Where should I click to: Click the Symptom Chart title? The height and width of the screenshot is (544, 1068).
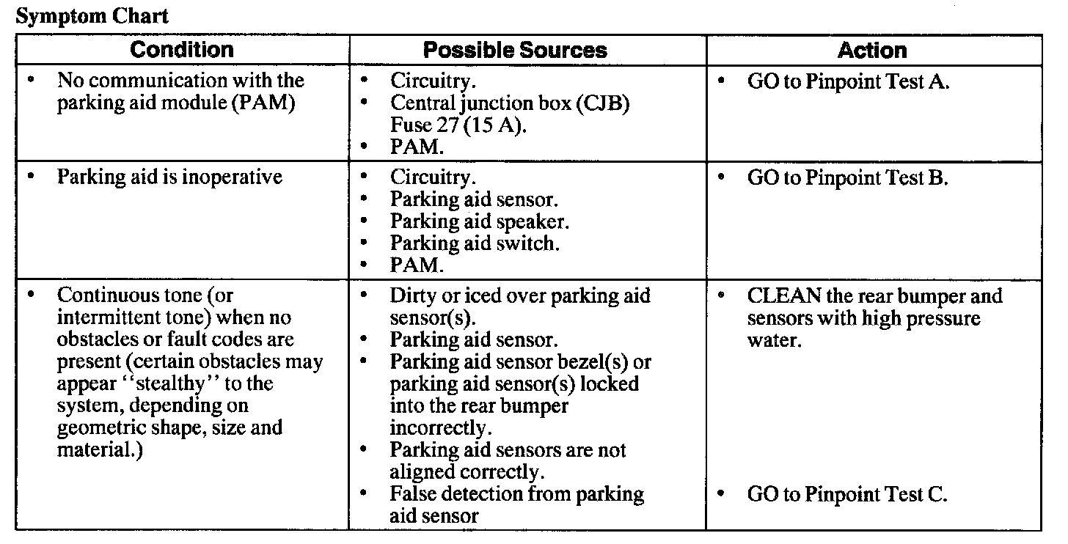92,17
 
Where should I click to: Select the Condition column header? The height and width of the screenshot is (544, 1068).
182,51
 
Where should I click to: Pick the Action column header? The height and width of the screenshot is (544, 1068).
872,51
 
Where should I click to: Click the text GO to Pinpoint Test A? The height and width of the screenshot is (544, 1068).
849,82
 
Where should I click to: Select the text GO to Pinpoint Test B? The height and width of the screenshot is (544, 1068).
848,178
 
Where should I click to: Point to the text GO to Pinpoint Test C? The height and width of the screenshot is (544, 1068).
847,494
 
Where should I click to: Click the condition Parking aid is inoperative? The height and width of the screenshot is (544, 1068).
169,178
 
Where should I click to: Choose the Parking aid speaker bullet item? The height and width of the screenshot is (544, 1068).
480,221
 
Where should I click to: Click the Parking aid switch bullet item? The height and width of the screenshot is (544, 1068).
475,243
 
